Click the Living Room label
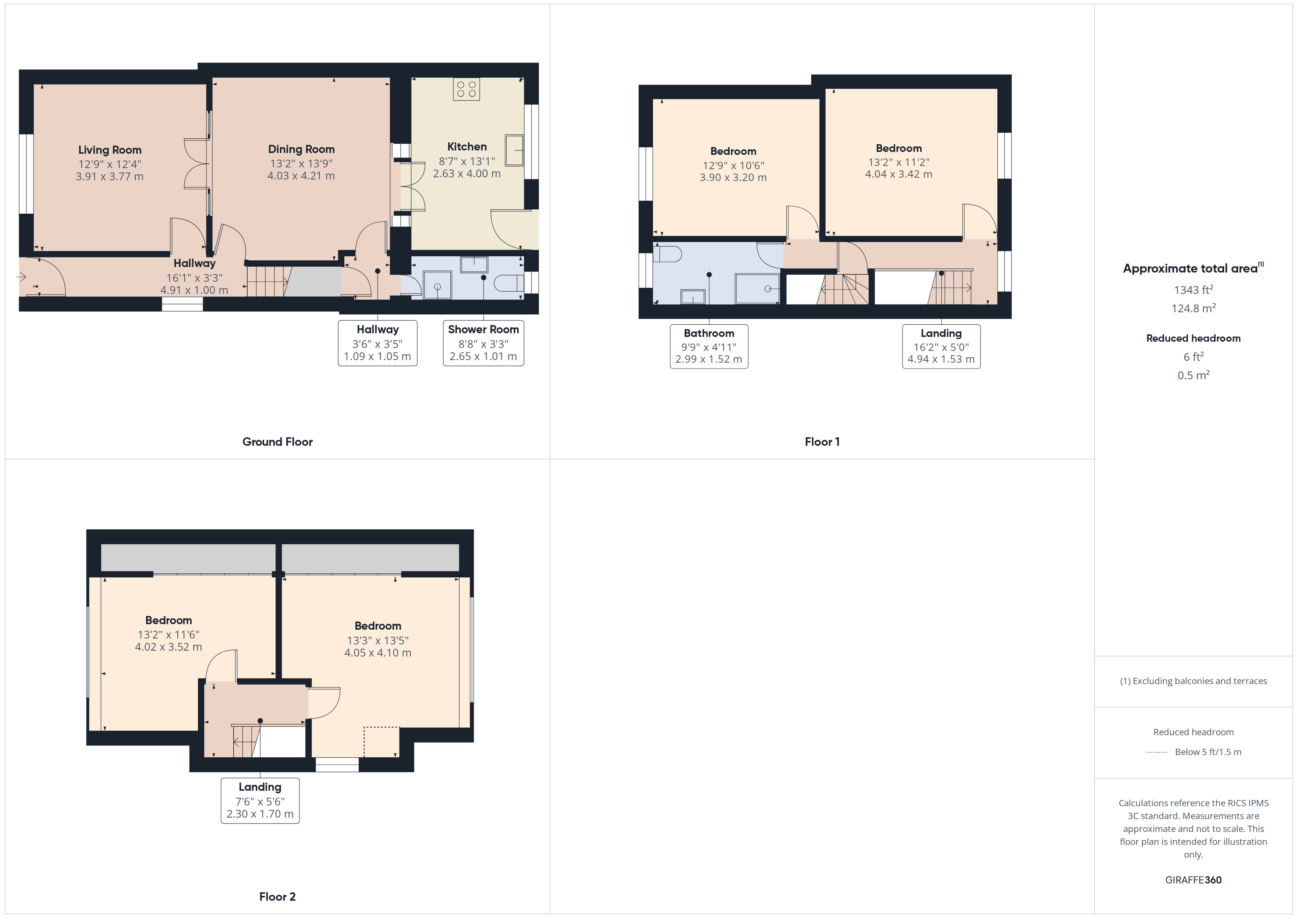(110, 150)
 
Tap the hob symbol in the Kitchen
(467, 89)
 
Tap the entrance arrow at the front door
(21, 277)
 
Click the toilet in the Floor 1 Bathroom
(667, 255)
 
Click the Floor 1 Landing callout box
(941, 346)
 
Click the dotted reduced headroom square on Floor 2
(382, 741)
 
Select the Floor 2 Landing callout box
(260, 800)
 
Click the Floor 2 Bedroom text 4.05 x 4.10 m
(377, 653)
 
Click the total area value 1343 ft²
(1194, 290)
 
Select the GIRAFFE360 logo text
(1194, 880)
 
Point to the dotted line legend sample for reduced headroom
(1157, 752)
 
